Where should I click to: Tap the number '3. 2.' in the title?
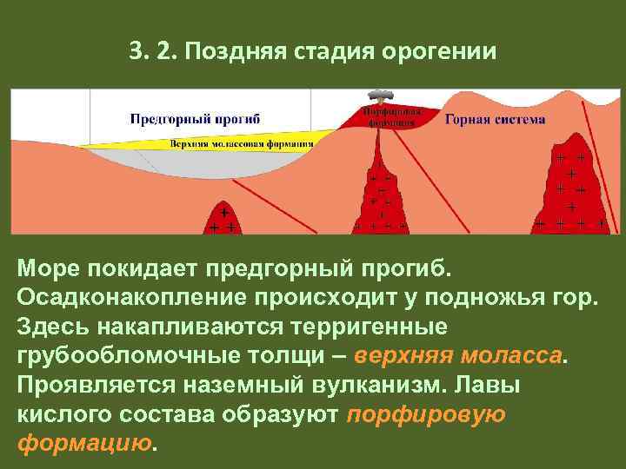tap(150, 51)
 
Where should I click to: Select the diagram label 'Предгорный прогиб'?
tap(195, 117)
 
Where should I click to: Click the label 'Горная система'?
tap(496, 119)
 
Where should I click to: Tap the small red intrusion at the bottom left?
tap(223, 219)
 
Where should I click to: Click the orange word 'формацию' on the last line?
tap(83, 444)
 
